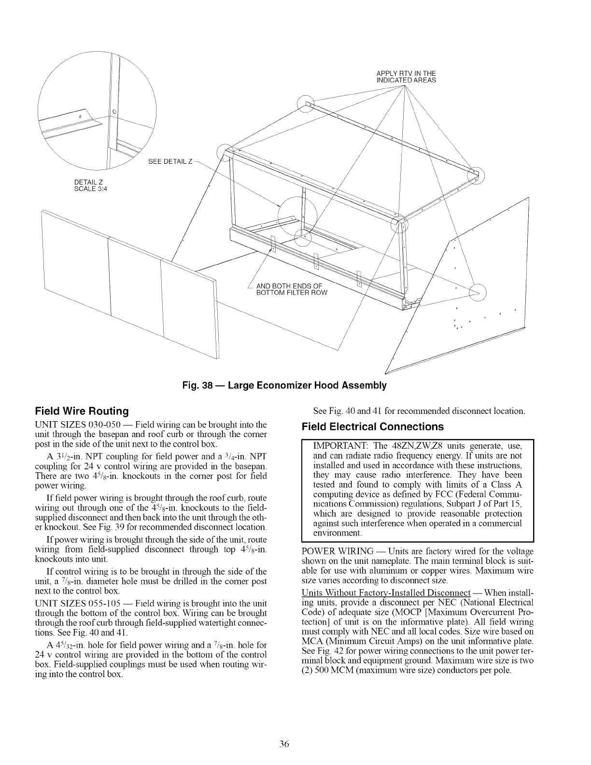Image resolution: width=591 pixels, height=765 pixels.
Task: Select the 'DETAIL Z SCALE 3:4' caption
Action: click(91, 185)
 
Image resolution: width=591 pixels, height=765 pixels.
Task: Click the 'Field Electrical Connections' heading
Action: click(372, 426)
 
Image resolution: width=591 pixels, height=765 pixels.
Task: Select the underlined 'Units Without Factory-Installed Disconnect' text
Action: click(386, 593)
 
